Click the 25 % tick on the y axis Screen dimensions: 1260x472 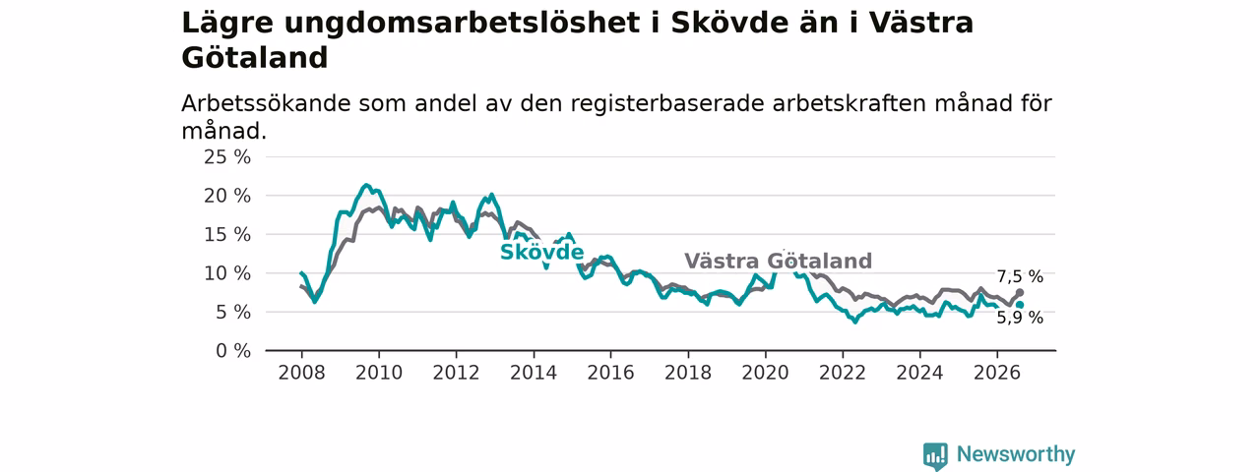[x=227, y=157]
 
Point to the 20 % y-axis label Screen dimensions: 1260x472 [x=227, y=196]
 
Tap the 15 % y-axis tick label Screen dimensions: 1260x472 [x=227, y=235]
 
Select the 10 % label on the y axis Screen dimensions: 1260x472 [x=227, y=273]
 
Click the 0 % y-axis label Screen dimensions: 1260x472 [x=233, y=351]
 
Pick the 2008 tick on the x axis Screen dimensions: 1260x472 [x=301, y=373]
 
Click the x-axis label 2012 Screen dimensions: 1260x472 [x=456, y=373]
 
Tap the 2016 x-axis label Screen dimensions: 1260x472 [x=611, y=373]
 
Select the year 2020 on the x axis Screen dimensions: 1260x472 [x=765, y=373]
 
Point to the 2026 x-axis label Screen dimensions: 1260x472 [x=997, y=373]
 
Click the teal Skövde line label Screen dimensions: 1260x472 [x=541, y=253]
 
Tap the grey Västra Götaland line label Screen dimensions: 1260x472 [x=778, y=262]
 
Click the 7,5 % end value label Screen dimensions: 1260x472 [x=1020, y=276]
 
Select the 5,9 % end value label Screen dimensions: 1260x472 [x=1020, y=318]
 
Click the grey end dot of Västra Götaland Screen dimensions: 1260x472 [x=1020, y=293]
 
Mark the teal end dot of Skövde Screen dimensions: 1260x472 [x=1020, y=305]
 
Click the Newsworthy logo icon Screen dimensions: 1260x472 [x=935, y=455]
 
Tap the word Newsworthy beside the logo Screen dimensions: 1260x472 [x=1016, y=454]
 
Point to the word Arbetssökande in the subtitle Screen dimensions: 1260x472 [x=266, y=104]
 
